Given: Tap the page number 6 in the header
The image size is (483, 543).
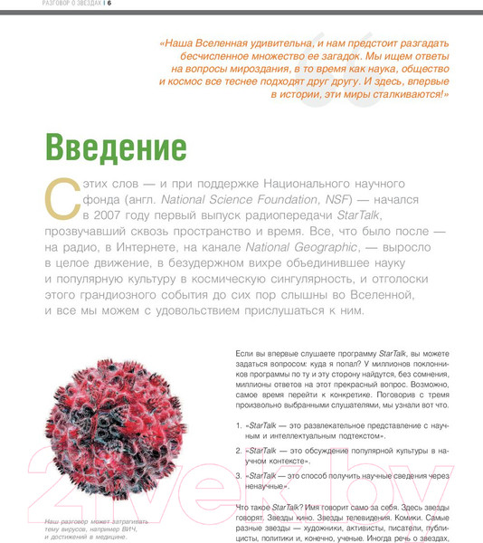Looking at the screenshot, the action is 109,5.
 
